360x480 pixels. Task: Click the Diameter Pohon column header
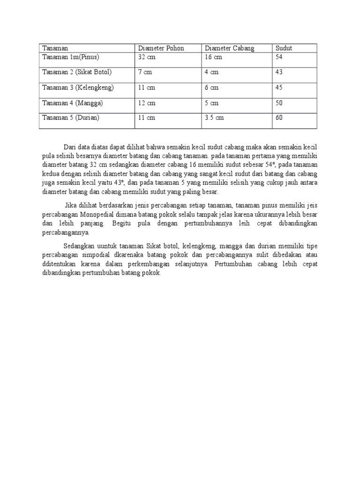pyautogui.click(x=161, y=48)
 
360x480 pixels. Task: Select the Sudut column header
pyautogui.click(x=284, y=48)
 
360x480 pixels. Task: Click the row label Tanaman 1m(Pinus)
pyautogui.click(x=71, y=57)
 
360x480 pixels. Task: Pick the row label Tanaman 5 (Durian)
pyautogui.click(x=71, y=118)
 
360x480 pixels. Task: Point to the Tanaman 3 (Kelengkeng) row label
pyautogui.click(x=78, y=88)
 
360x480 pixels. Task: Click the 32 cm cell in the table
pyautogui.click(x=146, y=57)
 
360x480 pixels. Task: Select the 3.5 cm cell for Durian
pyautogui.click(x=214, y=118)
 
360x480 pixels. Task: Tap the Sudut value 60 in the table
pyautogui.click(x=279, y=118)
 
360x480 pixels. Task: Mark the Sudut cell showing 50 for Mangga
pyautogui.click(x=279, y=103)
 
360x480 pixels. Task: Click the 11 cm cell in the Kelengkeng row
pyautogui.click(x=146, y=88)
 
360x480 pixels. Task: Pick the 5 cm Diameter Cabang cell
pyautogui.click(x=211, y=103)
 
